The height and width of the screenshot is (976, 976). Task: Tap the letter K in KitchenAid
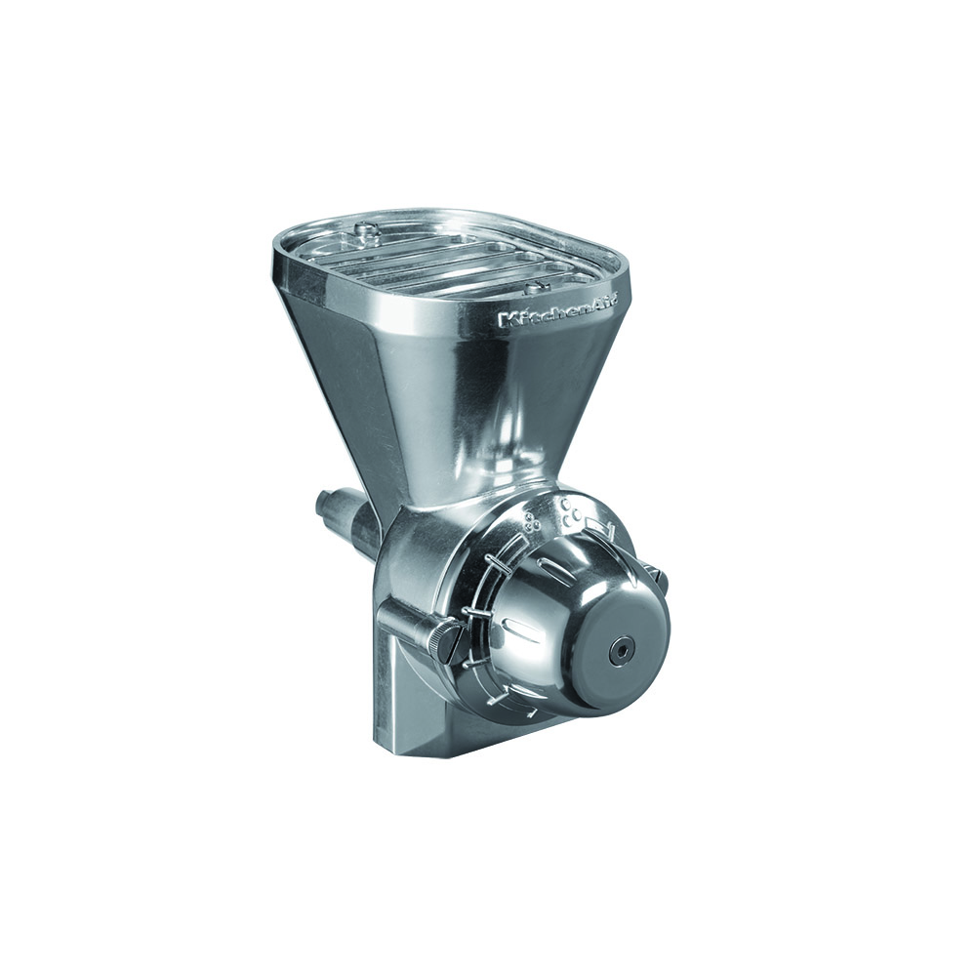click(x=506, y=321)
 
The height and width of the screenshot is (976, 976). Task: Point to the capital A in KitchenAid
click(x=590, y=306)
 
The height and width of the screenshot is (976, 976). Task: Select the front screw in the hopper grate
click(x=534, y=288)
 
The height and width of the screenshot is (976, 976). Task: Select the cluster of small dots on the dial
click(x=530, y=522)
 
